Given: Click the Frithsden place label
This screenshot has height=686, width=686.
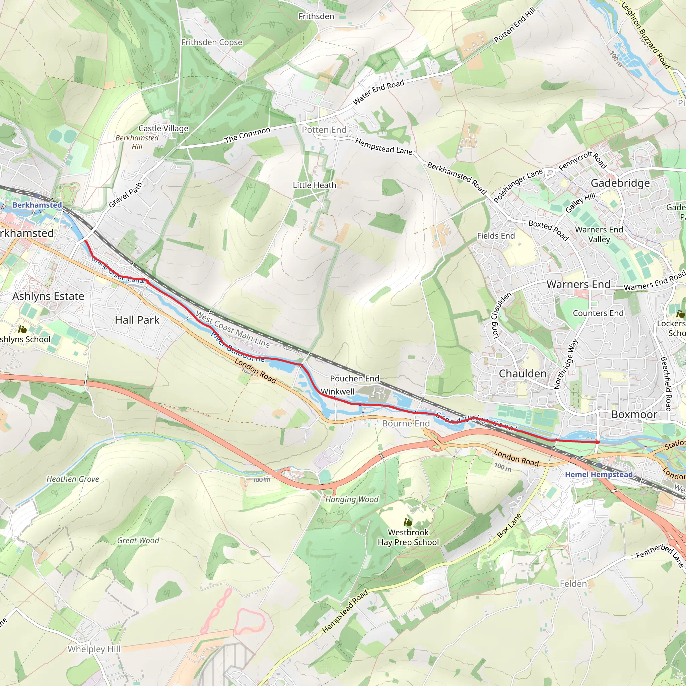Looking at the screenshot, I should point(316,16).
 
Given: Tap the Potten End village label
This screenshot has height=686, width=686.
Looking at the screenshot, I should point(324,130).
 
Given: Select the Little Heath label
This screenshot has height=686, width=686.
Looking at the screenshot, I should point(314,185).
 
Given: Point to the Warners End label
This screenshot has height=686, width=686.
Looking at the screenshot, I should point(578,284).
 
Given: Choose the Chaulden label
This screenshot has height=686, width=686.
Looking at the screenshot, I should point(522,373).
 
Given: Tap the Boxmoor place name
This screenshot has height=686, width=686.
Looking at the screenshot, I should point(634,414).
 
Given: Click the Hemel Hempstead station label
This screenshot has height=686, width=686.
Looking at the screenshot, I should point(599,474).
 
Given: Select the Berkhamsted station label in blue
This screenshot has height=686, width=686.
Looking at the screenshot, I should point(37,205).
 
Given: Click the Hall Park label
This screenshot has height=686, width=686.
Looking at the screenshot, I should point(137,320).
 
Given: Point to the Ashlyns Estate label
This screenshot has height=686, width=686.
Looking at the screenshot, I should point(48,296).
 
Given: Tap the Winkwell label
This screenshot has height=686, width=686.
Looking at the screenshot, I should point(337,391).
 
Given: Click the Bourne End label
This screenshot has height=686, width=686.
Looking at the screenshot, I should point(406,423).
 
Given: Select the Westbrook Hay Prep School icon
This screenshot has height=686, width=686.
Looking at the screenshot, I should point(408,522).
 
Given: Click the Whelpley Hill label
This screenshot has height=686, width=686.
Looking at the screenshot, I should point(94,649).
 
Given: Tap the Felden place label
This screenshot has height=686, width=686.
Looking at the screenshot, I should point(573,584).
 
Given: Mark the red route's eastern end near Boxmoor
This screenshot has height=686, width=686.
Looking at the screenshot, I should point(598,442).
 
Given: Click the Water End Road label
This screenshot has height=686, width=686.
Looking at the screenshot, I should point(378,92).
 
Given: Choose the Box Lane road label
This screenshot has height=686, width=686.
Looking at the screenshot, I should point(509,526).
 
